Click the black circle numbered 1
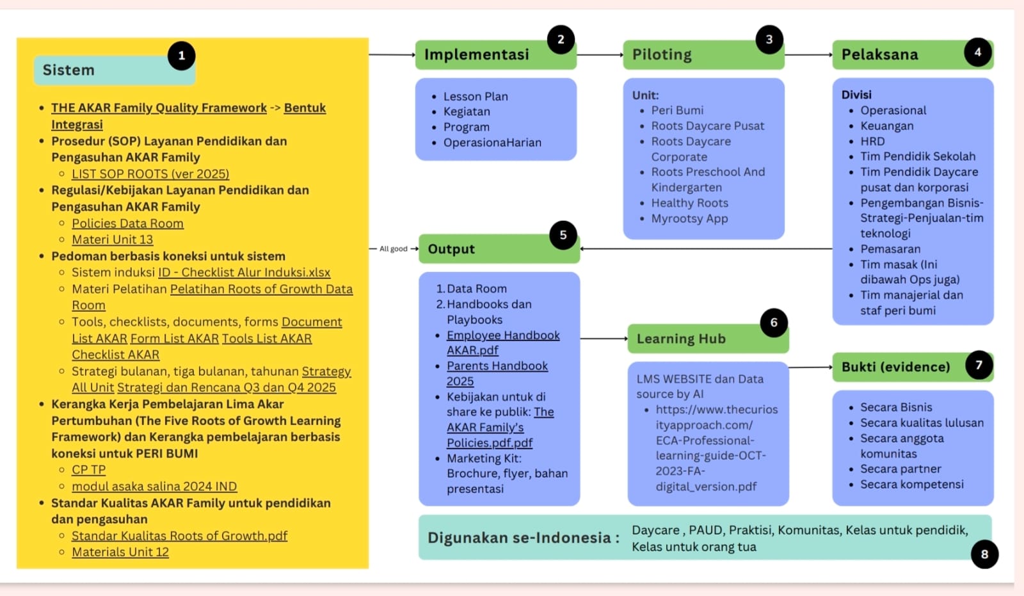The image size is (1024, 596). pyautogui.click(x=182, y=56)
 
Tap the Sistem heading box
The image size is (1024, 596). pyautogui.click(x=102, y=70)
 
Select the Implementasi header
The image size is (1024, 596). pyautogui.click(x=477, y=54)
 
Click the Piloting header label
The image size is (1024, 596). pyautogui.click(x=662, y=54)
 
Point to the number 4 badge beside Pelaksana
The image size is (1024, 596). pyautogui.click(x=977, y=52)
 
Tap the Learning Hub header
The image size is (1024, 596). pyautogui.click(x=681, y=339)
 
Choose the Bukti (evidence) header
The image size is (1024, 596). pyautogui.click(x=895, y=367)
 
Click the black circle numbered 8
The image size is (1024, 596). pyautogui.click(x=984, y=554)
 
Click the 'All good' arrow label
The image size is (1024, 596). pyautogui.click(x=394, y=249)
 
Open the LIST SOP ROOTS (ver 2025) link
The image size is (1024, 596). pyautogui.click(x=150, y=174)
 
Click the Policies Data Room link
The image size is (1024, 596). pyautogui.click(x=127, y=223)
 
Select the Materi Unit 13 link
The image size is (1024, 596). pyautogui.click(x=112, y=239)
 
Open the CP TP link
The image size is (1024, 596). pyautogui.click(x=88, y=470)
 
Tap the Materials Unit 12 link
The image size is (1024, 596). pyautogui.click(x=120, y=552)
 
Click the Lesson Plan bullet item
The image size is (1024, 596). pyautogui.click(x=476, y=97)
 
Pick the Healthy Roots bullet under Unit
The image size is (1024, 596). pyautogui.click(x=689, y=203)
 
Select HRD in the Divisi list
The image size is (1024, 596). pyautogui.click(x=872, y=141)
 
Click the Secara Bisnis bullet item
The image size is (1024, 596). pyautogui.click(x=896, y=407)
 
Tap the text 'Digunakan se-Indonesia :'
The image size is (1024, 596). pyautogui.click(x=523, y=538)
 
